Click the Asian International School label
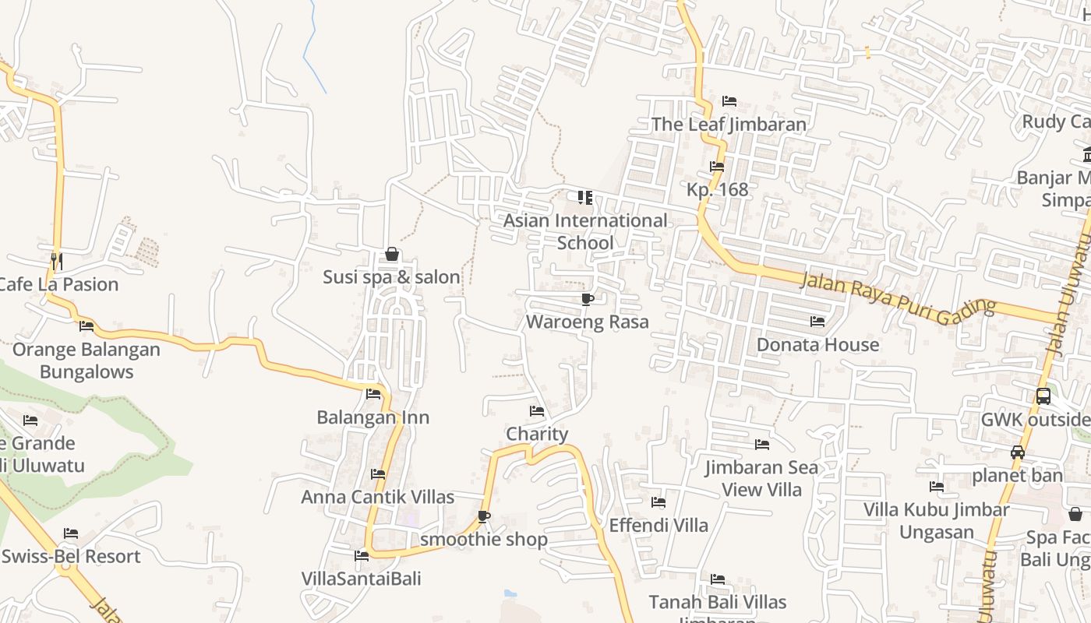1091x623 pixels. point(585,231)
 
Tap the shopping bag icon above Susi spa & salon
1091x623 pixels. point(392,255)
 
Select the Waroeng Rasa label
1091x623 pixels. point(587,322)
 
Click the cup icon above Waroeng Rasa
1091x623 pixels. point(587,299)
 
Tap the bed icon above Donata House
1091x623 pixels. point(817,321)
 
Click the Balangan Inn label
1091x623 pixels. point(372,417)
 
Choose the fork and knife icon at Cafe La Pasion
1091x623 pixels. point(56,261)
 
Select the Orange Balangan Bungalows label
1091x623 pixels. point(86,361)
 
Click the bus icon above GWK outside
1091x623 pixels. point(1043,396)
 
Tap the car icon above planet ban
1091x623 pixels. point(1017,452)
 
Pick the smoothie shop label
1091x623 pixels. point(484,539)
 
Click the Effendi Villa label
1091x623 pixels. point(658,525)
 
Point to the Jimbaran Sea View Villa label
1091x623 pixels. point(761,478)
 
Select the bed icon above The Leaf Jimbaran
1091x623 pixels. point(729,101)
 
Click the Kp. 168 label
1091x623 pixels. point(717,189)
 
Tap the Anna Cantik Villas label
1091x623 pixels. point(378,497)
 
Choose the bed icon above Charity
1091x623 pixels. point(537,411)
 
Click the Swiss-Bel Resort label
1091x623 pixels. point(71,556)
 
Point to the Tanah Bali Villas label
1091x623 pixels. point(718,602)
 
